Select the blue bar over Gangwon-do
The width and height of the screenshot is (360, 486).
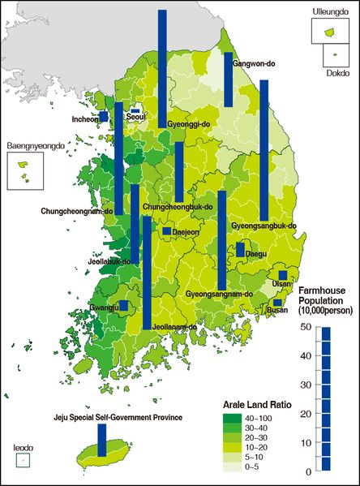pos(229,80)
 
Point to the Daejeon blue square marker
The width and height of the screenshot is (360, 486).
pos(166,231)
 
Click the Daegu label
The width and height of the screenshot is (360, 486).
pos(255,254)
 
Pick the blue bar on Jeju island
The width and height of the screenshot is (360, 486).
pos(101,439)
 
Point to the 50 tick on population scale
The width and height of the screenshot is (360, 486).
pos(306,327)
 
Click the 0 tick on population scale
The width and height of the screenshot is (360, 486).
pos(308,471)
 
